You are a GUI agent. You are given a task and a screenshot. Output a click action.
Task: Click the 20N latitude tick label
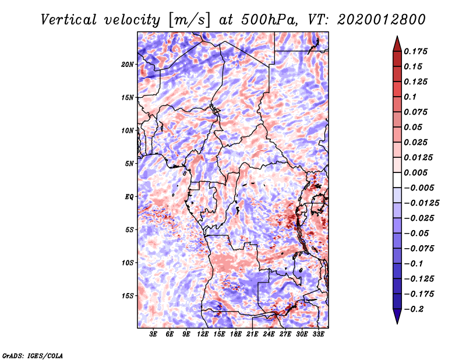coord(128,64)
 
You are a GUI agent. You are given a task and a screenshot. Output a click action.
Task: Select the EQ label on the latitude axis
coord(129,196)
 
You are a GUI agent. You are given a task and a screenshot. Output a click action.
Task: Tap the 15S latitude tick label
coord(128,295)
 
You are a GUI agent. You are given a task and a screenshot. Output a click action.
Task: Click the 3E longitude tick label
coord(154,335)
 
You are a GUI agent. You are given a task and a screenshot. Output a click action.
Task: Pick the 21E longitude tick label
coord(252,335)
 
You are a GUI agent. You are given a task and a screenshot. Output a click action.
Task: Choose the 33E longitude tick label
coord(318,335)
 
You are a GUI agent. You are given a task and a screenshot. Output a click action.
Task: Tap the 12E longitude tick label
coord(203,335)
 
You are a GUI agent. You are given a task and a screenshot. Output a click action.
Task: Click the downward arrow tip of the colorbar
coord(397,322)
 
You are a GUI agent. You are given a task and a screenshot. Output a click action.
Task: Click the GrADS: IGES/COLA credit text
coord(33,355)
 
